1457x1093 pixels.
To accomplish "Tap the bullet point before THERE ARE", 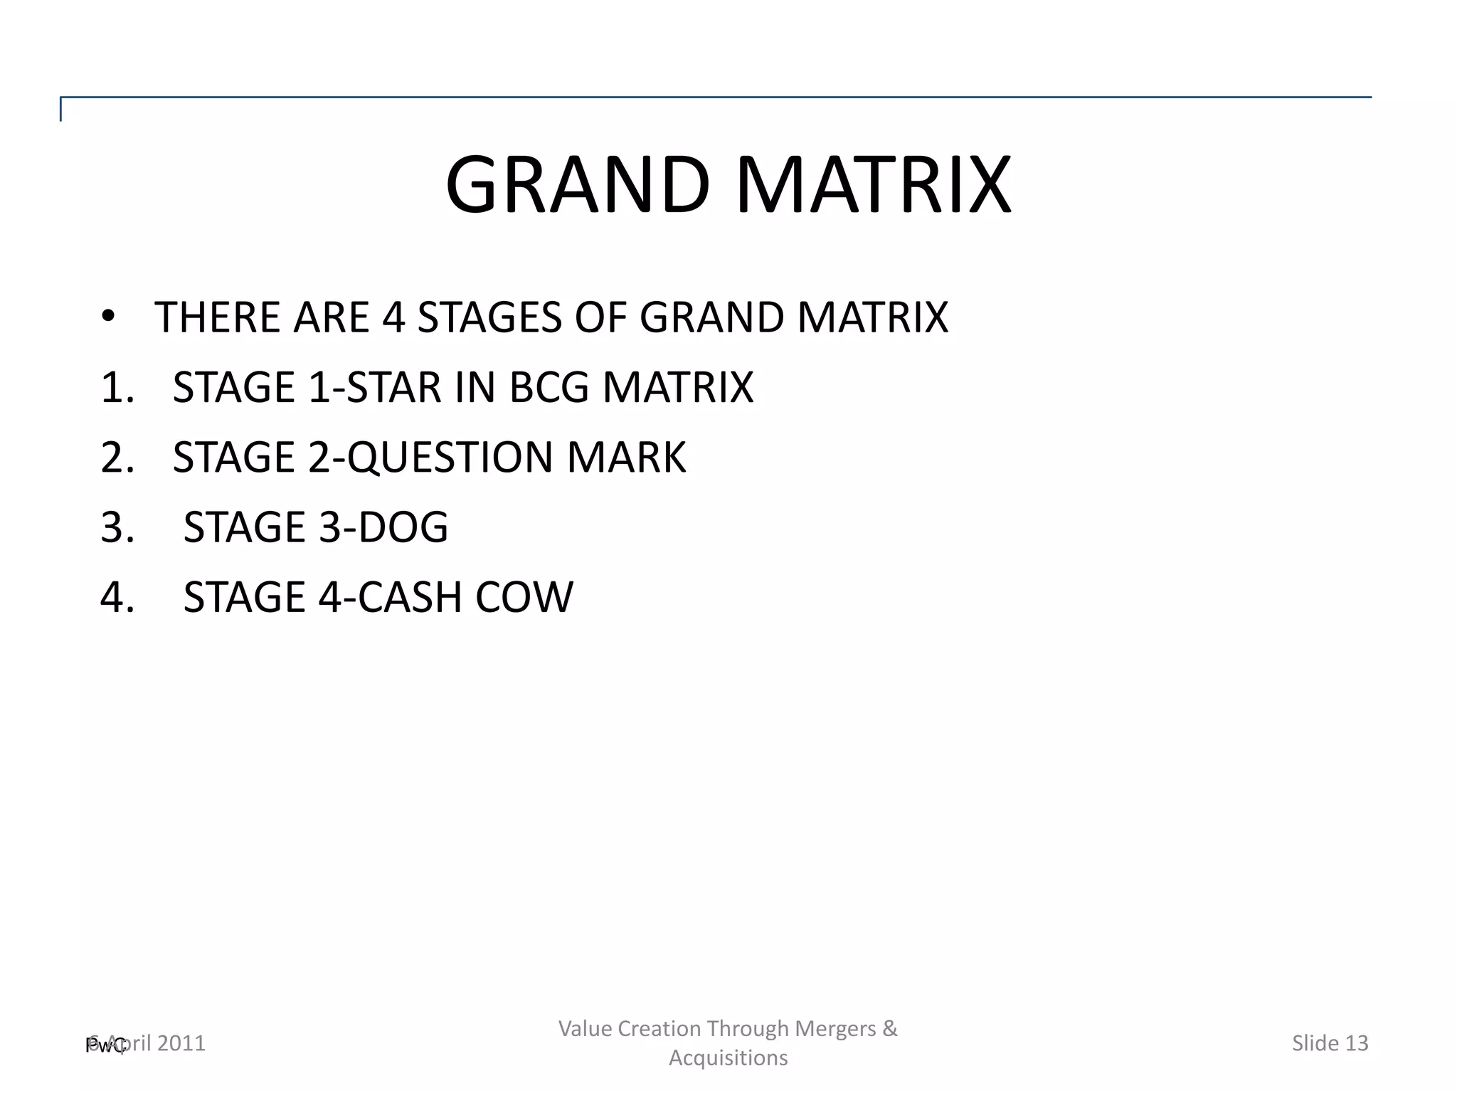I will click(x=107, y=317).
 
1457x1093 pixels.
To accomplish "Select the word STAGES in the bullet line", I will click(x=489, y=317).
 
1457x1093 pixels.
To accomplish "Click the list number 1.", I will click(x=117, y=388).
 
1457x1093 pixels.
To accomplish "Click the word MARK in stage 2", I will click(x=626, y=458).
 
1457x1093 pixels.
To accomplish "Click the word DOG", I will click(x=403, y=527).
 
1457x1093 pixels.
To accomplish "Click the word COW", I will click(x=524, y=597).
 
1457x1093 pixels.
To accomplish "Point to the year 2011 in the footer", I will click(x=181, y=1043).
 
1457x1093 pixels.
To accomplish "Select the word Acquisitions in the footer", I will click(x=728, y=1058).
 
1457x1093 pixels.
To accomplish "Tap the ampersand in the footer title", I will click(x=890, y=1029).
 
